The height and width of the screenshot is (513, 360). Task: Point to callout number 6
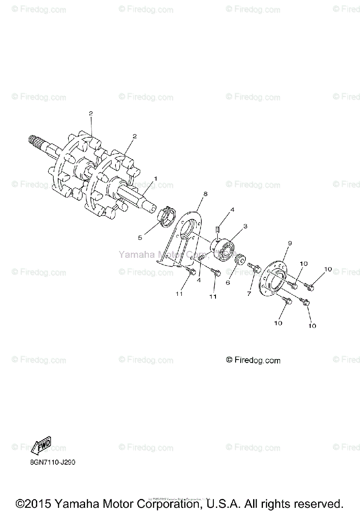228,283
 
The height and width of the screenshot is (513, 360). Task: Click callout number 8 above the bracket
205,194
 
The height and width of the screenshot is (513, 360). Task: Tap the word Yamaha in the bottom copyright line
76,503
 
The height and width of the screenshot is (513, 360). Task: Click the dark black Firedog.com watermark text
253,360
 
